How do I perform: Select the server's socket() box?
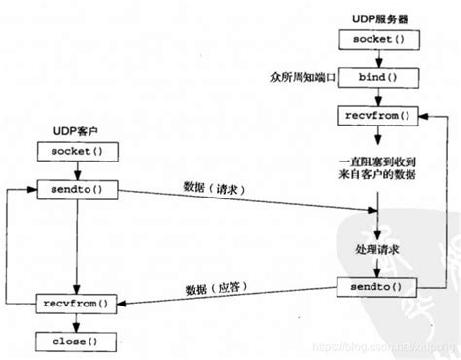tap(366, 40)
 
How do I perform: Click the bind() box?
tap(366, 76)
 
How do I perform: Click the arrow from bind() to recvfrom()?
tap(366, 96)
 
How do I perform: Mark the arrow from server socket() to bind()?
tap(366, 57)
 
